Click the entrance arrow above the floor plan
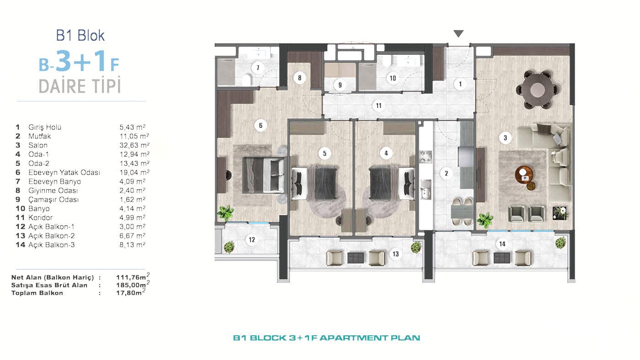coord(459,33)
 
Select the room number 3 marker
coord(505,137)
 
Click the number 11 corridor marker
coord(379,106)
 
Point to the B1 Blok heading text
coord(80,36)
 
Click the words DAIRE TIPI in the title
coord(80,85)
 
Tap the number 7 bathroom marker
coord(258,68)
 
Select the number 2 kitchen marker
coord(446,173)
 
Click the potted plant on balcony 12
coord(229,247)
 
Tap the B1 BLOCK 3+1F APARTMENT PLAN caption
coord(326,338)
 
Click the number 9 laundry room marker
coord(339,85)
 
